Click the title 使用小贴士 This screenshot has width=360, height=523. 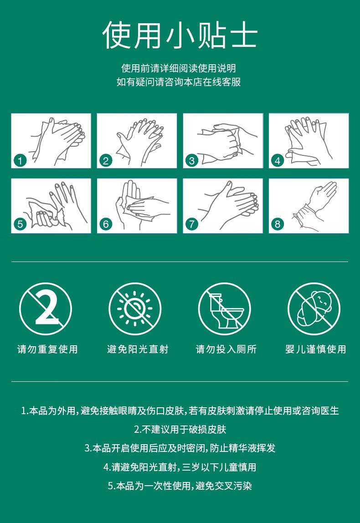click(x=180, y=35)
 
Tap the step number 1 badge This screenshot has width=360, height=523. click(x=20, y=161)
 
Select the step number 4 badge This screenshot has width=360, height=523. click(x=278, y=161)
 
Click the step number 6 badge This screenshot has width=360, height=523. click(x=106, y=224)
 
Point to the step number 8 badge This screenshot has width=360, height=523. click(x=278, y=224)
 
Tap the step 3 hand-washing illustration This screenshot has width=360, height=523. click(x=223, y=140)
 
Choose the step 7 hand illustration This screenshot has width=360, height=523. click(x=223, y=206)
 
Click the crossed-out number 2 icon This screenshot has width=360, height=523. click(x=46, y=308)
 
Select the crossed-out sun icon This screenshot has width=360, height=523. click(x=135, y=308)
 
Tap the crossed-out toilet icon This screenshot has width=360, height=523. click(x=224, y=308)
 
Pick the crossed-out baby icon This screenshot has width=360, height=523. click(x=314, y=308)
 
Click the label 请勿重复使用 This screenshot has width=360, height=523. click(x=47, y=349)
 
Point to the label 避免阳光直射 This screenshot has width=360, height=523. click(x=138, y=349)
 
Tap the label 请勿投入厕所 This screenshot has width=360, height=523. click(x=226, y=349)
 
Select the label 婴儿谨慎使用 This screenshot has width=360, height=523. click(x=316, y=349)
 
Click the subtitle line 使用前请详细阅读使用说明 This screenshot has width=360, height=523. click(x=179, y=68)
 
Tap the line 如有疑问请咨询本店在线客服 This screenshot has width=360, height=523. click(x=179, y=82)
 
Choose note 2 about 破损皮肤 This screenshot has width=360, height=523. click(x=180, y=429)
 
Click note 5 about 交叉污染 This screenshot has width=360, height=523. click(x=180, y=486)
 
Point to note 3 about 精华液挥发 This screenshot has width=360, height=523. click(x=180, y=448)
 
